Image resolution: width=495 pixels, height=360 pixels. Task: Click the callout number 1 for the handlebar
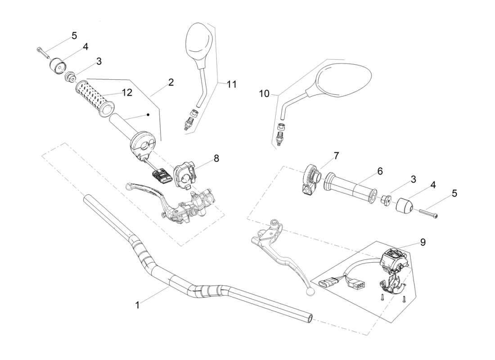137,305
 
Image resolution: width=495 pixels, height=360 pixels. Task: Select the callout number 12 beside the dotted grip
127,92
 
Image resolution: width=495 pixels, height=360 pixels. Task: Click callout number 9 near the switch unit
423,242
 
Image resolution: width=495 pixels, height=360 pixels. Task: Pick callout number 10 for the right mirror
264,94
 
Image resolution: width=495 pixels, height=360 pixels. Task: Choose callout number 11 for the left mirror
231,84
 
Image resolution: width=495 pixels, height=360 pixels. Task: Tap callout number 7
337,155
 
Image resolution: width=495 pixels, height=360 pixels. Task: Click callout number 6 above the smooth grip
380,171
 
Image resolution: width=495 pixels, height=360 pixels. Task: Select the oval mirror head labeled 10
344,81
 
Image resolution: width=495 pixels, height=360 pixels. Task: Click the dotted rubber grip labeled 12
95,97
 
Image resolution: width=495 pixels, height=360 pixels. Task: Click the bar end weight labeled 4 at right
405,206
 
